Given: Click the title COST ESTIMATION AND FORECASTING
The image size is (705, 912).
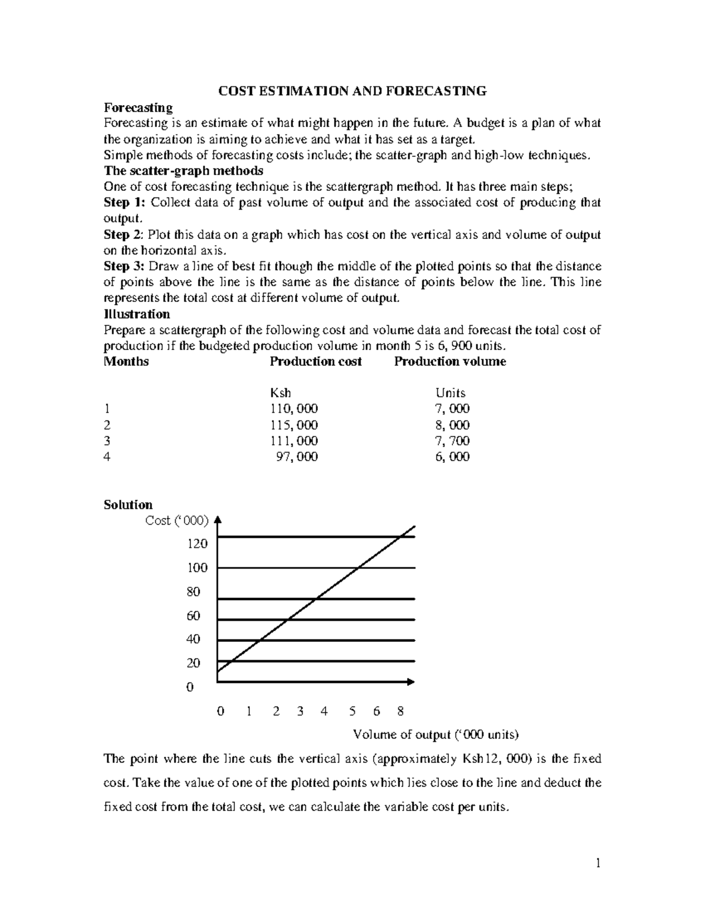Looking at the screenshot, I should [352, 91].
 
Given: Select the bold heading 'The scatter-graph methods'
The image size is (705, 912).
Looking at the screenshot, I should [183, 171].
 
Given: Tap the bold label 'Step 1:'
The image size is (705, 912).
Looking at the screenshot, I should [124, 203].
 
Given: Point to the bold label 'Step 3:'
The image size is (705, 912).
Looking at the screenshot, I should [124, 266].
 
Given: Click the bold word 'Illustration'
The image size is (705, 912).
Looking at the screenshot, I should [137, 314].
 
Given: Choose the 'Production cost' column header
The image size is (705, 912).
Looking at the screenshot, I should [315, 362].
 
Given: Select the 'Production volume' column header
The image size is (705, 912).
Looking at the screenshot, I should [449, 362].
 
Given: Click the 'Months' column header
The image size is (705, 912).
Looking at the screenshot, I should [126, 362].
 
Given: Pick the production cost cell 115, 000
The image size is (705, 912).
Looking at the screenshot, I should [294, 425].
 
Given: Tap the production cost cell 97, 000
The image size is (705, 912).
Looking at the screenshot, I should [297, 457].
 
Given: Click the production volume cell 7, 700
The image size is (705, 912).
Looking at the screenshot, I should [452, 441].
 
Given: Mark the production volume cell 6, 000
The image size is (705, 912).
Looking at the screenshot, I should [452, 457].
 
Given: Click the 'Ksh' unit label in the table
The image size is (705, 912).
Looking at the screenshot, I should [280, 393].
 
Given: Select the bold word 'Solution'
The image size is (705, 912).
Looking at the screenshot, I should [128, 504].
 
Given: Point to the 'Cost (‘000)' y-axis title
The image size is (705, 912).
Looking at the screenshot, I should [176, 520].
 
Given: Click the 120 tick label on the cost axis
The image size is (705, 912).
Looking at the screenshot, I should [197, 544].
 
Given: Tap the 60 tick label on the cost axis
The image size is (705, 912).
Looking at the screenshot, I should [193, 615].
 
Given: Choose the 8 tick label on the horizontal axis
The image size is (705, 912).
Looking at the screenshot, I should [401, 711].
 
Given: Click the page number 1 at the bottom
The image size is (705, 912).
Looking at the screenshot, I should [598, 863].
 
